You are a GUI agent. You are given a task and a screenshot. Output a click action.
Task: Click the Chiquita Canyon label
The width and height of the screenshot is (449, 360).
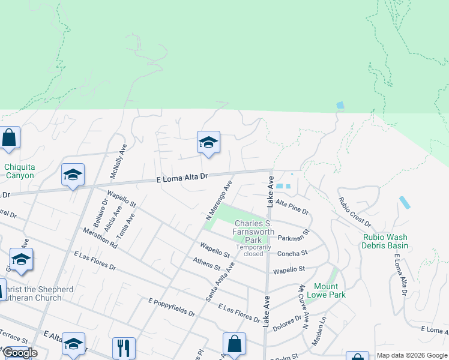[20, 171]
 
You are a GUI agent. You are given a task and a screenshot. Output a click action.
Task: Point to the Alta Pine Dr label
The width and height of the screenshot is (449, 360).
[292, 208]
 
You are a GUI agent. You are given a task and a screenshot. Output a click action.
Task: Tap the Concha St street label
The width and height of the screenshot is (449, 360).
[292, 253]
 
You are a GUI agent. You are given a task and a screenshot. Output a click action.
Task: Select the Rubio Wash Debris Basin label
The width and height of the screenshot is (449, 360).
[385, 241]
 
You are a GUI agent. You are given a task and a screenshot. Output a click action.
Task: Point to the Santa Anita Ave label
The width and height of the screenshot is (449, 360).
[220, 281]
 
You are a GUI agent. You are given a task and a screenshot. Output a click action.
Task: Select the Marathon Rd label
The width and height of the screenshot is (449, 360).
[100, 238]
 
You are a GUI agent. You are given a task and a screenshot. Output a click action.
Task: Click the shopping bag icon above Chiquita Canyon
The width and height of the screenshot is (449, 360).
[10, 137]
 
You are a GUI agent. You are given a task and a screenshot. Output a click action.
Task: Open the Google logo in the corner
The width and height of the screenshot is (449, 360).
[20, 353]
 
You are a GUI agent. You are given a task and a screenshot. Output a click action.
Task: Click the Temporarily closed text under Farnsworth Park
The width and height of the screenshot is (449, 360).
[250, 250]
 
